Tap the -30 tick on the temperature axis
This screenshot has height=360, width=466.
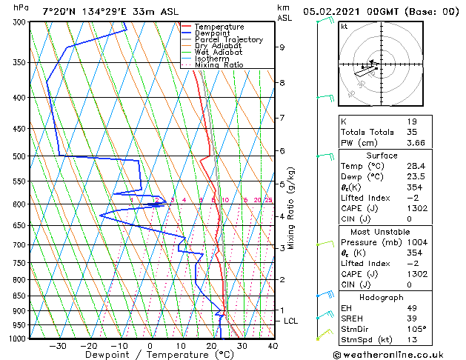(x=58, y=346)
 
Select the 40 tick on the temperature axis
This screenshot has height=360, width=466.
(x=273, y=346)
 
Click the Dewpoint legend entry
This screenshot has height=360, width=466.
(x=210, y=33)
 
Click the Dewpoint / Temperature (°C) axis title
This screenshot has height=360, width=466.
(x=150, y=356)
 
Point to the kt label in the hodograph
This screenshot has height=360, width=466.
(x=344, y=26)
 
